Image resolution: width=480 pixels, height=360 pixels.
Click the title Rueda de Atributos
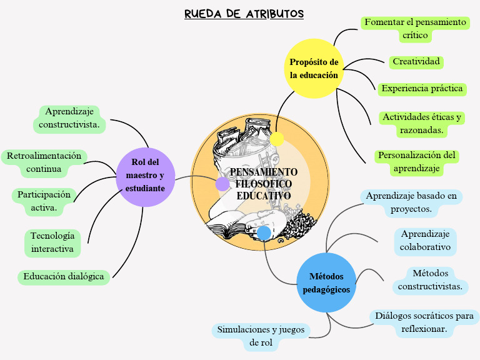(x=244, y=14)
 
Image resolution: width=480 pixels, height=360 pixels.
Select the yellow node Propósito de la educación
(x=314, y=69)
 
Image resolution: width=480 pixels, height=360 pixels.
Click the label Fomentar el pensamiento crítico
(x=415, y=29)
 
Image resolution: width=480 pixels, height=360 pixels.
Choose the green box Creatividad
(x=416, y=62)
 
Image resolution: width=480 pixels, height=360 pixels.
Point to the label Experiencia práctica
(x=422, y=89)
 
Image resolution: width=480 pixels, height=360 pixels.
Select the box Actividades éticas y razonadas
(x=422, y=124)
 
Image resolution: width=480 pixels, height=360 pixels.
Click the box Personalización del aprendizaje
(x=417, y=161)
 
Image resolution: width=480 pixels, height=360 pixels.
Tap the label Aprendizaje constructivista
(x=69, y=118)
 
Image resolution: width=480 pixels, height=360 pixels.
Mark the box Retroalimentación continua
(x=44, y=162)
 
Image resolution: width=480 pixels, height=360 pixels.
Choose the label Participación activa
(x=44, y=201)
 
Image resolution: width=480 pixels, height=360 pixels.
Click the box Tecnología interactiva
(x=52, y=242)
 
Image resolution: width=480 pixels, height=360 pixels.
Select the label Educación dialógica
(x=64, y=276)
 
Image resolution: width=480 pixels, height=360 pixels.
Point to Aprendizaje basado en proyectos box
(x=411, y=202)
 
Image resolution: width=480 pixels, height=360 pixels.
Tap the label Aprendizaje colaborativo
(x=425, y=241)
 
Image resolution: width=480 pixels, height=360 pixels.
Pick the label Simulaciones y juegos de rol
(x=261, y=336)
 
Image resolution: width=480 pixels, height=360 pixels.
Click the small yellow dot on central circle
(x=277, y=139)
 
